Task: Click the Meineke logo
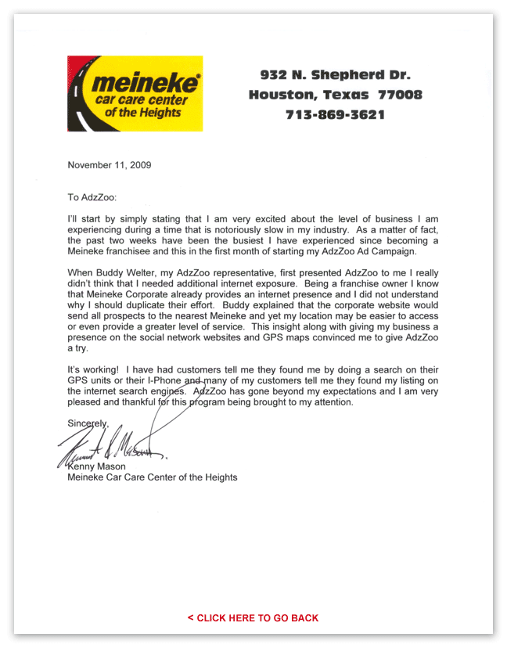coord(135,93)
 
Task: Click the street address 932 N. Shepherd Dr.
coord(335,75)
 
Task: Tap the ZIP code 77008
coord(400,95)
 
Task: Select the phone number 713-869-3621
coord(335,114)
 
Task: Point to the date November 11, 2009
coord(110,165)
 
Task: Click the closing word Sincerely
coord(88,423)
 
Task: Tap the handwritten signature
coord(113,448)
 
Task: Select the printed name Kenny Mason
coord(98,466)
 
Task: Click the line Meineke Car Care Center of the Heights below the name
coord(153,477)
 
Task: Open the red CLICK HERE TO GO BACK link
coord(253,618)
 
